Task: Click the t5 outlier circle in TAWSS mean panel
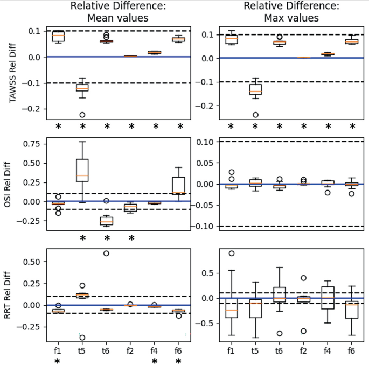(82, 115)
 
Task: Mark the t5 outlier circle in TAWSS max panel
(256, 115)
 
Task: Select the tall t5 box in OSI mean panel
(82, 170)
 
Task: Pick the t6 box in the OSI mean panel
(107, 221)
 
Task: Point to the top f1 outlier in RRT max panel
(232, 254)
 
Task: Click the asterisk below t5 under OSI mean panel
(82, 238)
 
